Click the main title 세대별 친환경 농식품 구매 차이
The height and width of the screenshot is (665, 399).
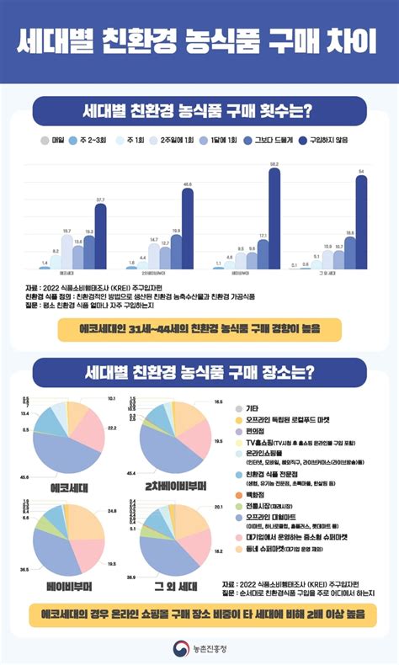click(199, 40)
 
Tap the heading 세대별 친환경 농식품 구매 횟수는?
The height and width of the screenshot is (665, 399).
click(199, 110)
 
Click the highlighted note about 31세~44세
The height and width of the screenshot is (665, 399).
click(199, 326)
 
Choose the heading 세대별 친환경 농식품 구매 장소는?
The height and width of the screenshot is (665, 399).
click(199, 371)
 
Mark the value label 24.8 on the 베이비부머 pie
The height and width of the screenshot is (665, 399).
click(111, 510)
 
